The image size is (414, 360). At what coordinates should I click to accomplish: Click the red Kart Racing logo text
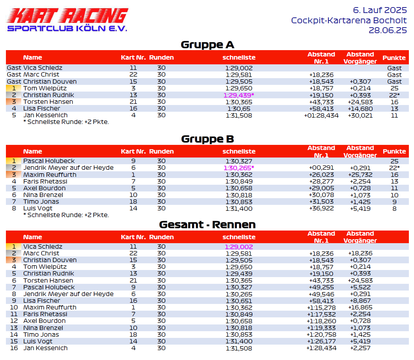pos(68,15)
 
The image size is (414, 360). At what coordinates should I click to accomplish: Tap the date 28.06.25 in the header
pos(388,30)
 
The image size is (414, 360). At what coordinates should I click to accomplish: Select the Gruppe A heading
pos(207,45)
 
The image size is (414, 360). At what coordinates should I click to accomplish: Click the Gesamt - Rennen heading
pos(207,225)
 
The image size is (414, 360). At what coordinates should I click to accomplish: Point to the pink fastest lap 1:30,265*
pos(239,168)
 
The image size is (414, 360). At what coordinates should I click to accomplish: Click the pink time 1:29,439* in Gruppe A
pos(239,95)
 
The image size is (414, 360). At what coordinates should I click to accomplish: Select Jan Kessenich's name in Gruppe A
pos(45,115)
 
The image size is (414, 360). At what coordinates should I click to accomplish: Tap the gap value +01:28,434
pos(321,115)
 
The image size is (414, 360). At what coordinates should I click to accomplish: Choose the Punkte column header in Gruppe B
pos(394,151)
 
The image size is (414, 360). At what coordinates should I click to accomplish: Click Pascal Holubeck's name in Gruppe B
pos(49,161)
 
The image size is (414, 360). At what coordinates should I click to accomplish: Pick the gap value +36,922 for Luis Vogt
pos(321,208)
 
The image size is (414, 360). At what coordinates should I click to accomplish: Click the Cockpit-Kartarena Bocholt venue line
pos(349,20)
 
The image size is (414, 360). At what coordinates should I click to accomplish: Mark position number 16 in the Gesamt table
pos(14,348)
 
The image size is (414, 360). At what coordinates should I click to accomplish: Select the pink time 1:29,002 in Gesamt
pos(239,247)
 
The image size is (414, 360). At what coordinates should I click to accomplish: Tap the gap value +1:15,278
pos(321,307)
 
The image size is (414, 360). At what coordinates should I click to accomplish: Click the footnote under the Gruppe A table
pos(66,122)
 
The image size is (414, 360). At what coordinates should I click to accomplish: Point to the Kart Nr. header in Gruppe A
pos(133,58)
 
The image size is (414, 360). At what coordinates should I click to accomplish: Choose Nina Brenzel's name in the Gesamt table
pos(43,328)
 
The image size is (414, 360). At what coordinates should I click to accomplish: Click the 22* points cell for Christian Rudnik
pos(394,95)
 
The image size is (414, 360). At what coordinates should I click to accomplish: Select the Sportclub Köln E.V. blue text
pos(67,28)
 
